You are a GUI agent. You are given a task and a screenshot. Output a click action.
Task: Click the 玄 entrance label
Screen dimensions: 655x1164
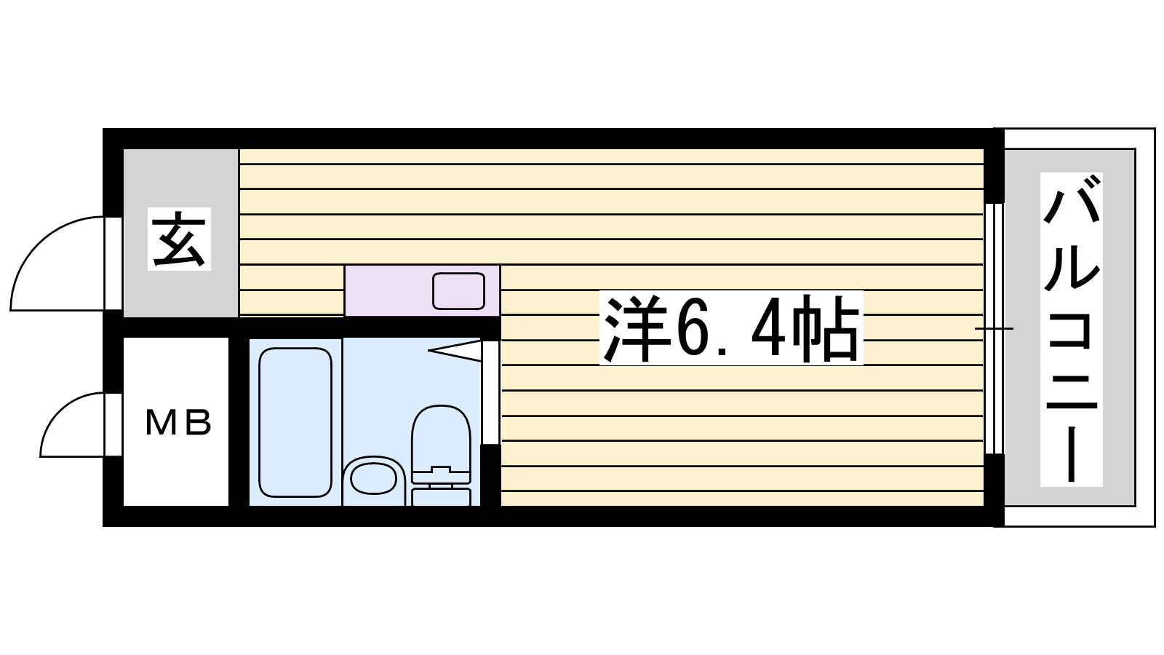pos(179,239)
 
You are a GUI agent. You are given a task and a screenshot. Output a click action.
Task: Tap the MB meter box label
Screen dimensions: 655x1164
pos(178,423)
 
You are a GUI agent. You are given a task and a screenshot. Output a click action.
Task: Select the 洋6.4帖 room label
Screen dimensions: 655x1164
pos(730,328)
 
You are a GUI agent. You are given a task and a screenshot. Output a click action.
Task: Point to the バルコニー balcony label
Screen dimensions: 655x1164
pos(1071,329)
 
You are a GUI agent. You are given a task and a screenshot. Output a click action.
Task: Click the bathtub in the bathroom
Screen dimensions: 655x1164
pos(295,422)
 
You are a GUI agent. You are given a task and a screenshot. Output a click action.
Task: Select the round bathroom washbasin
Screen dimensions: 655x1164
pos(372,480)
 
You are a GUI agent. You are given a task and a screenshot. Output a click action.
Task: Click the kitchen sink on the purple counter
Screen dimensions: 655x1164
pos(458,290)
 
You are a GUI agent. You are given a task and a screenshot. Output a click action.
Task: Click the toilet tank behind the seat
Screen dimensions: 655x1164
pos(441,496)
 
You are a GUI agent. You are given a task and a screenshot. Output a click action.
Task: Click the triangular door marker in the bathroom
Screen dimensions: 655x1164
pos(455,351)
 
